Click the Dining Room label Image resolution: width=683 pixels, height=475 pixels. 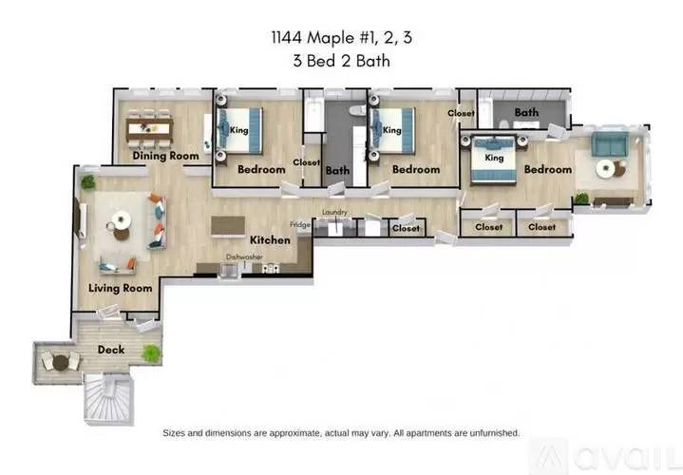165,156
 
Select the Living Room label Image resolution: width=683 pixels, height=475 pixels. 121,288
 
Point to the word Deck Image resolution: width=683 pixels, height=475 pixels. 111,350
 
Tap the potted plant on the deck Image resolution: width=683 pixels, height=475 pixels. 149,353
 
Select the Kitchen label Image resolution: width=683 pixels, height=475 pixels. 270,240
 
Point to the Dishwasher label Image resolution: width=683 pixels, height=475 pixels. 244,256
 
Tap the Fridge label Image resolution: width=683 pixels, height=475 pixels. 300,225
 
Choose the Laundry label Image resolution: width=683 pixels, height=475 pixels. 334,212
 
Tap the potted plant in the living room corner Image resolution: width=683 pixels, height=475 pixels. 88,180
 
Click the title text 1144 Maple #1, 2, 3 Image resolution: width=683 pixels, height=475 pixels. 341,40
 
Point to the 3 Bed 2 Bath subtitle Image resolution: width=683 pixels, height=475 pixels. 341,64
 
